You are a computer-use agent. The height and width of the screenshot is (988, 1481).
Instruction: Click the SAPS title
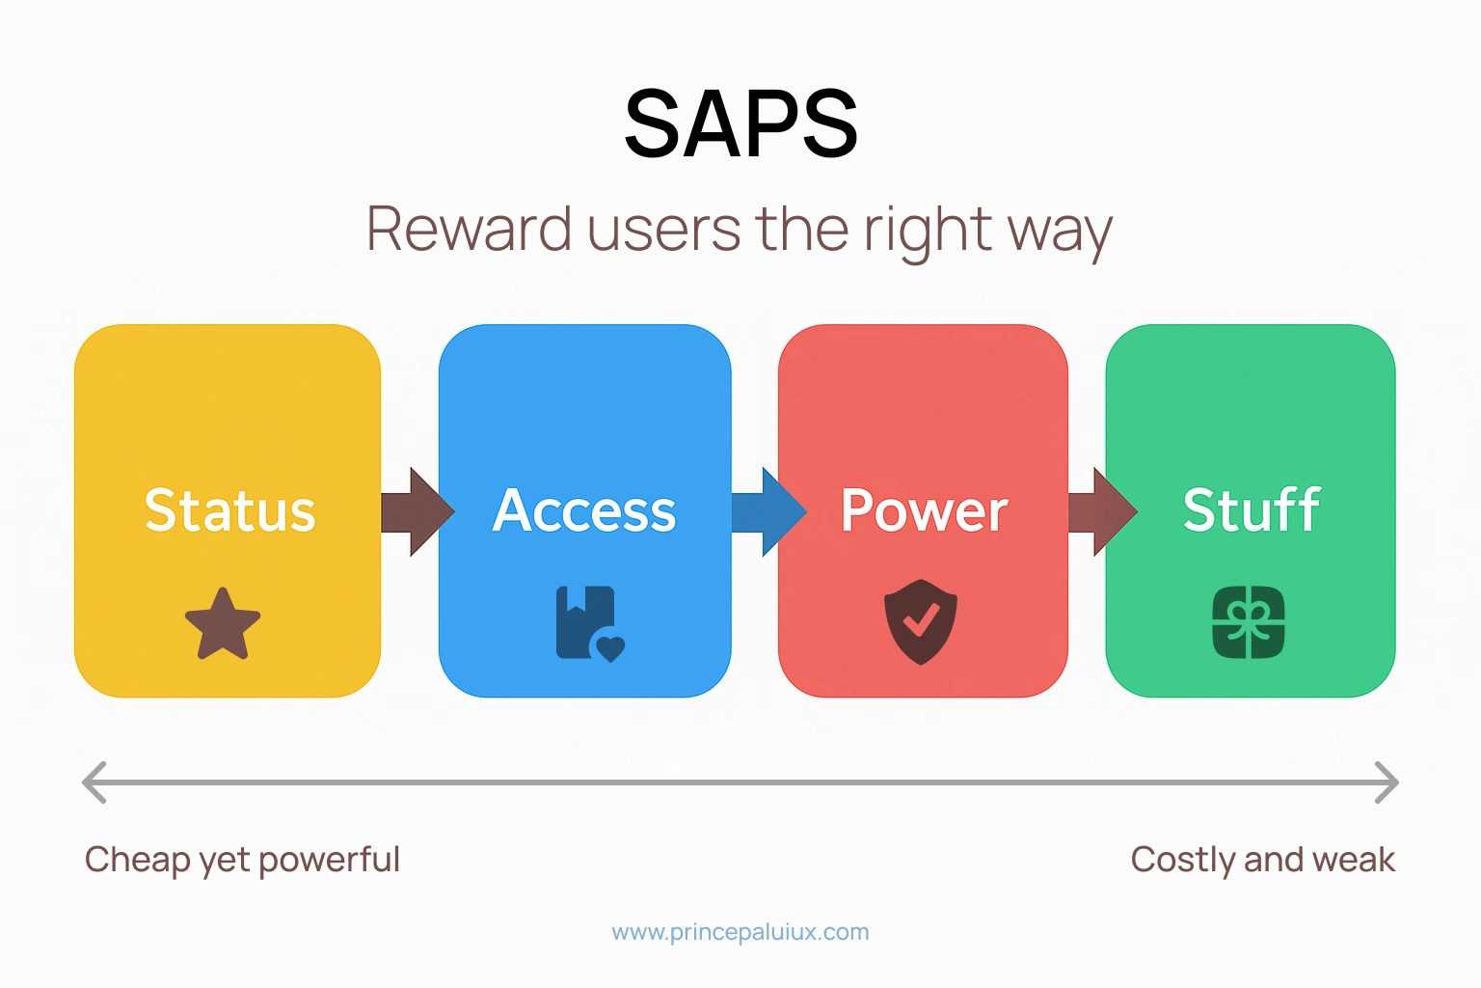740,123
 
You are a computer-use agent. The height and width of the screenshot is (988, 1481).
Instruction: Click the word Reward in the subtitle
469,230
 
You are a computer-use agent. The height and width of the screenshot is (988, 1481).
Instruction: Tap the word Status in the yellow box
229,510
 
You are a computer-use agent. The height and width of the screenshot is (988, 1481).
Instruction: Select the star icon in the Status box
223,624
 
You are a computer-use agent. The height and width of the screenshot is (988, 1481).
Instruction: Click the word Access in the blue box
584,510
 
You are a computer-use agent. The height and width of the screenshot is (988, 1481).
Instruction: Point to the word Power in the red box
924,510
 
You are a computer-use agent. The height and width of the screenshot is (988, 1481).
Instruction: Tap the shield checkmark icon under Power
921,621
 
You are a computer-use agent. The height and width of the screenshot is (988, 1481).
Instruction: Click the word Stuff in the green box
1251,510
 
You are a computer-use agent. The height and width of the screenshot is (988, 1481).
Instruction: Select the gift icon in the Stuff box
1249,622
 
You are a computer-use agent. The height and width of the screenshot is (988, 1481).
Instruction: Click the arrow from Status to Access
416,512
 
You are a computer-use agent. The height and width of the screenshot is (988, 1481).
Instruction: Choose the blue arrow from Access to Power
767,512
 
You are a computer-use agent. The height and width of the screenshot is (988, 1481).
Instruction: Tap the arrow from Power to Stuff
1101,512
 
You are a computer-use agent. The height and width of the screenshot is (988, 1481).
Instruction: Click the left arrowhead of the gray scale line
94,782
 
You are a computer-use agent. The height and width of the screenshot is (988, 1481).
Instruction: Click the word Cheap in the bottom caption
137,860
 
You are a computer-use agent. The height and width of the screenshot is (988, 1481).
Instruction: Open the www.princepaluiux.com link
740,932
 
